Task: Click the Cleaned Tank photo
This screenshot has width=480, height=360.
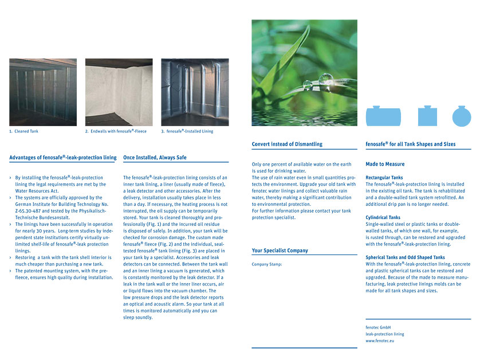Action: tap(43, 92)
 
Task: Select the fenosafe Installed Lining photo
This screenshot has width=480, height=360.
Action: tap(195, 92)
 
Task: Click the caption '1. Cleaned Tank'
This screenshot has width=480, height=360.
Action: tap(23, 131)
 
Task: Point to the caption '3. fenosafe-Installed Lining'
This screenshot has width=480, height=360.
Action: tap(187, 131)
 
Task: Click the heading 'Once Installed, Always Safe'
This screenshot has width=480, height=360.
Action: tap(155, 157)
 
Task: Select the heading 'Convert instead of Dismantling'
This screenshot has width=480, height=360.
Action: tap(287, 144)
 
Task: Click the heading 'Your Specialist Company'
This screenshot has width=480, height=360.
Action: tap(280, 251)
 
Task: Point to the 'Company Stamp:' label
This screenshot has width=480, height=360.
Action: tap(267, 264)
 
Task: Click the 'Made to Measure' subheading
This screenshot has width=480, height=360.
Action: tap(385, 164)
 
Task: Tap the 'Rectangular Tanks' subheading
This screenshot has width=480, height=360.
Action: tap(384, 178)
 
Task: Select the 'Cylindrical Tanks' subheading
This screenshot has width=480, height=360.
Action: tap(383, 218)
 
